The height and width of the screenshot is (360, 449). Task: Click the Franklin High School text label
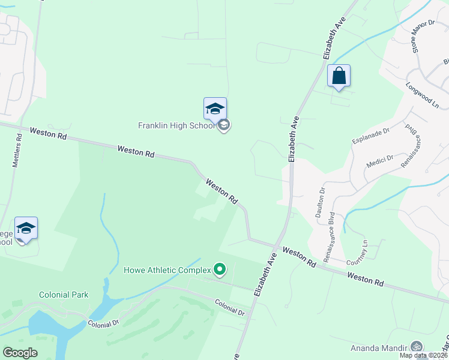click(176, 126)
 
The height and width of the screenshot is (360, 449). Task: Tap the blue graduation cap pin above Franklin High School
click(215, 109)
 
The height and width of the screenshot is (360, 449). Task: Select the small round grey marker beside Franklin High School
click(224, 125)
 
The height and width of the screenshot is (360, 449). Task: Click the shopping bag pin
click(339, 77)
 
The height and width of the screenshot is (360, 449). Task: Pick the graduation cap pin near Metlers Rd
click(26, 229)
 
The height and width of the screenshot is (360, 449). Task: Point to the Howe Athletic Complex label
click(168, 270)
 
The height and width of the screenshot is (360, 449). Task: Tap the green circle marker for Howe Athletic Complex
click(220, 270)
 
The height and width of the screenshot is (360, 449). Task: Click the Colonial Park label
click(64, 295)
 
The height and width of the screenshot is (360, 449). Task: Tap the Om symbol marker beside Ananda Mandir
click(415, 347)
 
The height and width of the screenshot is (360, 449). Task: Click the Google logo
click(20, 353)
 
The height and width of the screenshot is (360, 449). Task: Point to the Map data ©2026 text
click(423, 355)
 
